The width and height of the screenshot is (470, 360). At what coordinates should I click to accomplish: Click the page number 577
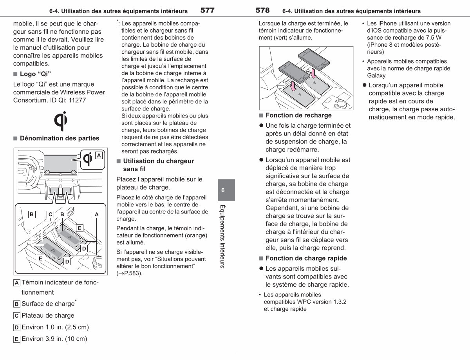[208, 10]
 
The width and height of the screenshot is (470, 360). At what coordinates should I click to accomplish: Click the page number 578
[262, 10]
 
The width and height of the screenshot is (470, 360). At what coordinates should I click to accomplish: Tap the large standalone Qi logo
[61, 121]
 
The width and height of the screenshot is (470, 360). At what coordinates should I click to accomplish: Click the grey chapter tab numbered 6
[226, 190]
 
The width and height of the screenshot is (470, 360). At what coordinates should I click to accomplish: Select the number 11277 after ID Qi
[77, 100]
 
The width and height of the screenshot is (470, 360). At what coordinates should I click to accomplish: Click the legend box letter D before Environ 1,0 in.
[17, 327]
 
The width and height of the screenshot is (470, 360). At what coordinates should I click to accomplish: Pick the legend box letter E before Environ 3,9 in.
[17, 339]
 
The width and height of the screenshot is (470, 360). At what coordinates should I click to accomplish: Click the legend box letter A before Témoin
[17, 283]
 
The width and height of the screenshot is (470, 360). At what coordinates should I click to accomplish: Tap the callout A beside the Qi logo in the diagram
[99, 156]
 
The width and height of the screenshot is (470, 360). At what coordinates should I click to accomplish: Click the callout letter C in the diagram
[51, 214]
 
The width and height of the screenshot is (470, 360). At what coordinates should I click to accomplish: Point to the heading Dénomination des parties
[60, 138]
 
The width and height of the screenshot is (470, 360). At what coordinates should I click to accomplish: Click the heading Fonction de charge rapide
[306, 259]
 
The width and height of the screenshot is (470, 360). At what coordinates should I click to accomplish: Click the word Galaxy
[376, 76]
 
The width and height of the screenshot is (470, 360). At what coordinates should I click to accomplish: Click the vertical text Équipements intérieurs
[222, 236]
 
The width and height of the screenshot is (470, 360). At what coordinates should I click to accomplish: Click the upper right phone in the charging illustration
[314, 59]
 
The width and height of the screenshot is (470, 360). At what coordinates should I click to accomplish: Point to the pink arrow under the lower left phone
[293, 86]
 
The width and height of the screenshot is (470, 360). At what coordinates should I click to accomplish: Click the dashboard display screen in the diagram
[60, 163]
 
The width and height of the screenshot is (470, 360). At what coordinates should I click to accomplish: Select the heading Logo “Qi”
[35, 74]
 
